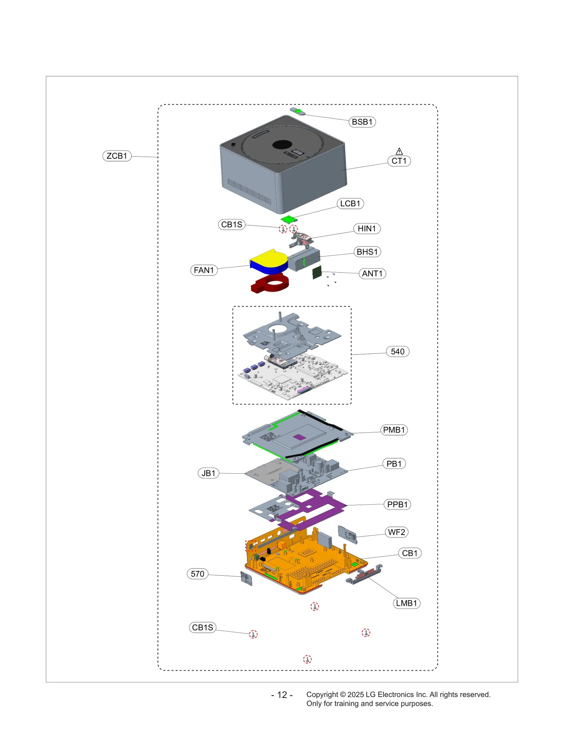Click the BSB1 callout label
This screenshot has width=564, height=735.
362,122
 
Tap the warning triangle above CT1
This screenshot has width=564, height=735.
399,151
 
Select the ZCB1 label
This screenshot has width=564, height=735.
117,156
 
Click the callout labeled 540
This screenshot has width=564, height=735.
397,351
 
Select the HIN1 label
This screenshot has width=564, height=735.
367,229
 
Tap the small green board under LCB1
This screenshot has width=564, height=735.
288,219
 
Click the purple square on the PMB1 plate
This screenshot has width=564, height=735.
299,437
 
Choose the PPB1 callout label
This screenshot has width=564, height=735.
397,504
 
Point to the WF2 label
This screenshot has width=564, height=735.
396,532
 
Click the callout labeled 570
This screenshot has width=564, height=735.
197,574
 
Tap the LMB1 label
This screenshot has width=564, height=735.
406,603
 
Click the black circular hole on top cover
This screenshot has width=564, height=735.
282,145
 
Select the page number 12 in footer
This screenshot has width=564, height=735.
282,695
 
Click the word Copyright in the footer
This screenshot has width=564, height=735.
322,694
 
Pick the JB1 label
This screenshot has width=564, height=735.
208,473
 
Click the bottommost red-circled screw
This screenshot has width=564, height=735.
307,659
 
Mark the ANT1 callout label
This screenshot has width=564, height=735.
372,273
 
